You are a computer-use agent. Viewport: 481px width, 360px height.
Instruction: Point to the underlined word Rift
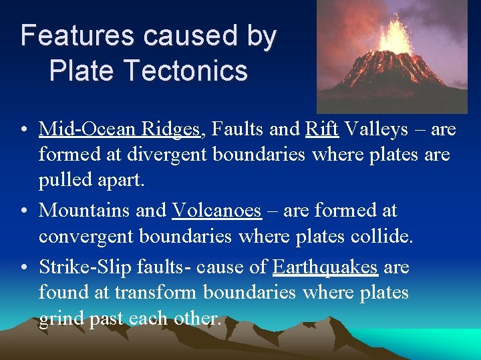pos(321,128)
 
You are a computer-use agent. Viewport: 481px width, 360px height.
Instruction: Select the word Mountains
pos(84,210)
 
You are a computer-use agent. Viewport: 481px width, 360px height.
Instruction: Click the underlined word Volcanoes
pos(216,210)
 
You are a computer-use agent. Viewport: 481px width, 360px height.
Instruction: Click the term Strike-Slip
pos(80,267)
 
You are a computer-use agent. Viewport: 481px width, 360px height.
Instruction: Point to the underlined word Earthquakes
pos(325,267)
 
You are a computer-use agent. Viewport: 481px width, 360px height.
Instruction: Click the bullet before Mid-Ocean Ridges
pos(24,129)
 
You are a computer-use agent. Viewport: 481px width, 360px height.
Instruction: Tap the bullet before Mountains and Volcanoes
pos(24,211)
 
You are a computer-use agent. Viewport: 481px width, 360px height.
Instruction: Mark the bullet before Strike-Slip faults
pos(24,267)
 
